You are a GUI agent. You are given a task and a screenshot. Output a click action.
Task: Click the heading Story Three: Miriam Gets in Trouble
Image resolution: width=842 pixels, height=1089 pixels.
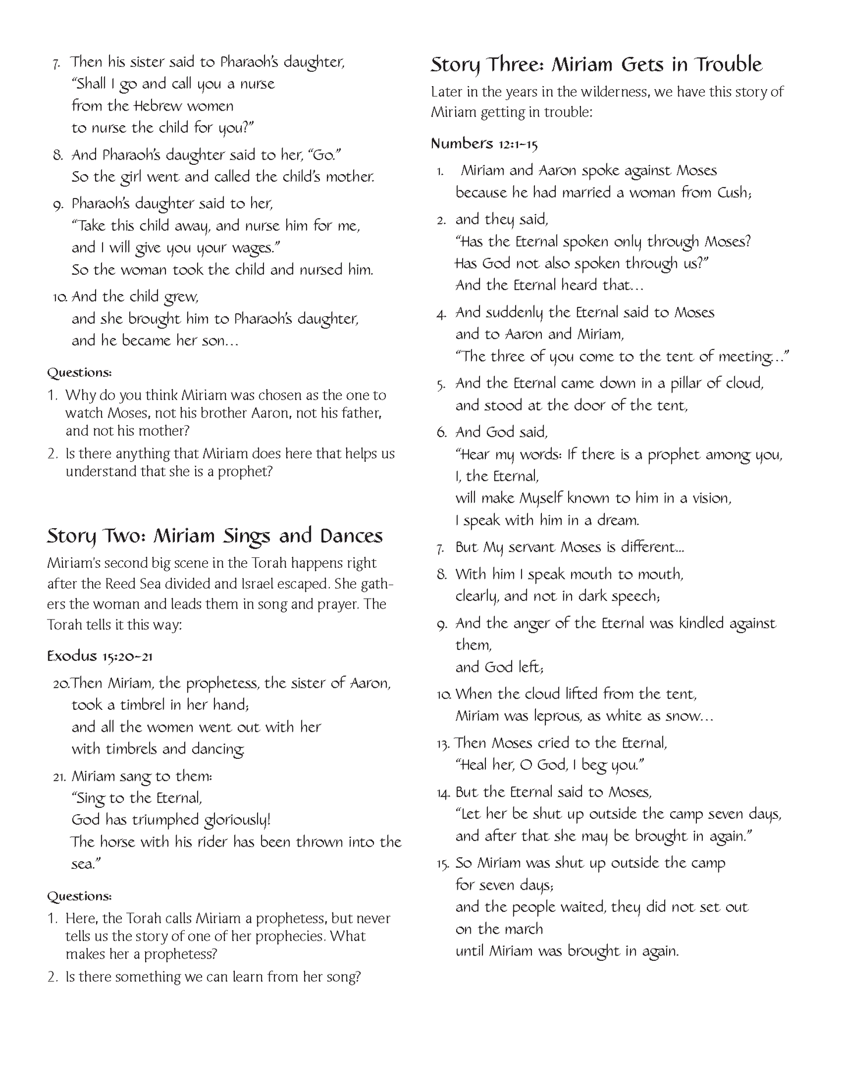[x=596, y=65]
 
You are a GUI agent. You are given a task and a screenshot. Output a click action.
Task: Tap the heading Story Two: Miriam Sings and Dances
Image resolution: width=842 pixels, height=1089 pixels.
[x=214, y=536]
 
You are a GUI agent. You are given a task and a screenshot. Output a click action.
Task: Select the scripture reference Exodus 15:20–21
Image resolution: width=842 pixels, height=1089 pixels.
[x=100, y=656]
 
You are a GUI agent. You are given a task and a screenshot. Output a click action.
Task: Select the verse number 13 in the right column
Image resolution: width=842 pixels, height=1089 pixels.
[x=443, y=744]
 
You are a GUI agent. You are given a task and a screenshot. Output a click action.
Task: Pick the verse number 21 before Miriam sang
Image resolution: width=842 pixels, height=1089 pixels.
[x=59, y=777]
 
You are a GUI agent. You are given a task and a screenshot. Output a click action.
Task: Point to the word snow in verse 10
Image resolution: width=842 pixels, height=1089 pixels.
[x=685, y=716]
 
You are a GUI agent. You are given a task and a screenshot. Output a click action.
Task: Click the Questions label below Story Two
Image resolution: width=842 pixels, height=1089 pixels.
[x=79, y=896]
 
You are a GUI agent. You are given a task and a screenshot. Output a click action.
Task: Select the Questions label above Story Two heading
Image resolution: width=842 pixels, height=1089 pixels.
[x=79, y=372]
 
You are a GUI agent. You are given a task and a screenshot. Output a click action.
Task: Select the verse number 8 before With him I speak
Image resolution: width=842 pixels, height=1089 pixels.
[x=442, y=575]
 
